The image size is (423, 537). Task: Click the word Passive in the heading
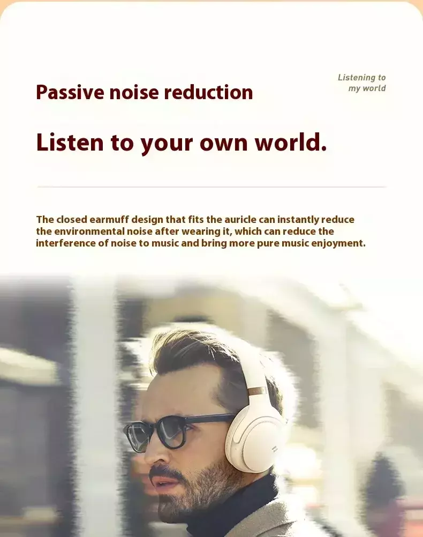click(x=70, y=93)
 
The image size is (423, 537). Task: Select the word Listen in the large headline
click(x=70, y=142)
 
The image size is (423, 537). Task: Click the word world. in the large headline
click(x=291, y=142)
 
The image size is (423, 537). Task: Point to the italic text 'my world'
click(x=367, y=88)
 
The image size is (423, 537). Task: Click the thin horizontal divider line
click(x=211, y=187)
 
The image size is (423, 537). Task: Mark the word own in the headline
click(x=223, y=143)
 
